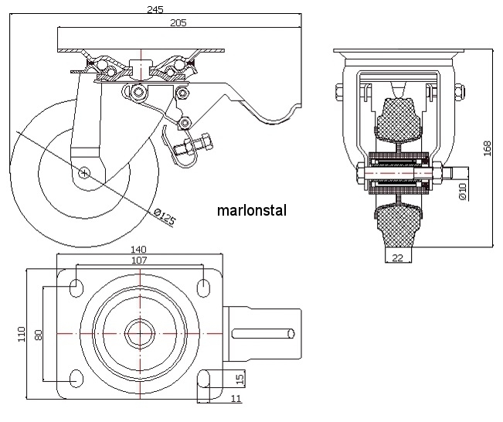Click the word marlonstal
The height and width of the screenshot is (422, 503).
pos(252,209)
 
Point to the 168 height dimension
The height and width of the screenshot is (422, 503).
pos(488,147)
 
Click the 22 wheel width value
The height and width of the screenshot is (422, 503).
pos(397,258)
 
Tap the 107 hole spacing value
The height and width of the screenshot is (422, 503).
pos(140,260)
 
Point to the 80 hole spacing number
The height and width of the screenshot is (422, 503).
pos(38,333)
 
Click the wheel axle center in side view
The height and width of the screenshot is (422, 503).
pos(83,172)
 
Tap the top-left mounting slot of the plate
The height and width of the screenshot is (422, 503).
pos(77,287)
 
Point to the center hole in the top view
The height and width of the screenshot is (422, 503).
pos(140,333)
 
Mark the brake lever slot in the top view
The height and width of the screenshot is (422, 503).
pos(262,333)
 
